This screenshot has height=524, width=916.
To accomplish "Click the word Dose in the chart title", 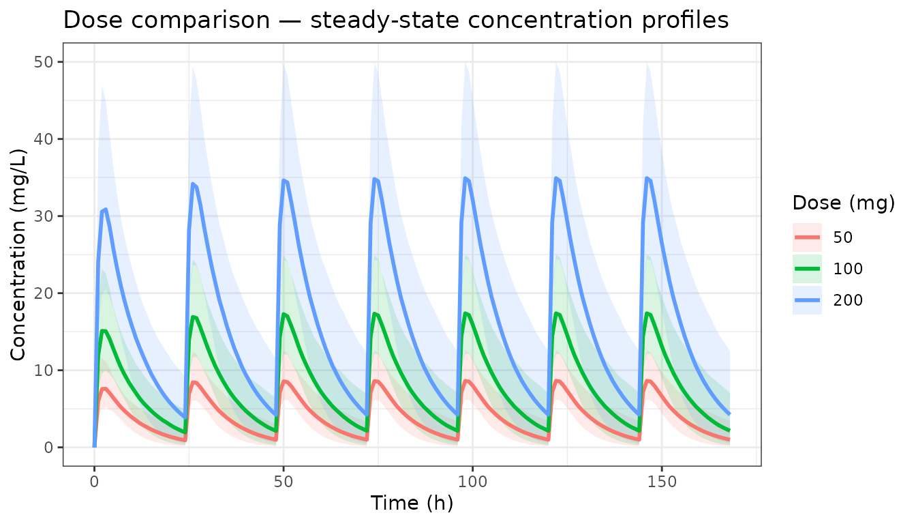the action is pos(93,20).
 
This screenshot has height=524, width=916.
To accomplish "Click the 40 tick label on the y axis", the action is pos(44,139).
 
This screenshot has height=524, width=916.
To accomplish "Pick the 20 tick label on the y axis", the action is pos(44,293).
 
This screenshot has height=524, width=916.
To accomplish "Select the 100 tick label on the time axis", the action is pos(472,482).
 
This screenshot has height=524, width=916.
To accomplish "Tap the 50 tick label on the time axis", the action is pos(284,482).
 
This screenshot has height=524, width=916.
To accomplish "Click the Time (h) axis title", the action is pos(412,503).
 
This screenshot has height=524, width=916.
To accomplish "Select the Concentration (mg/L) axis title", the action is pos(18,254).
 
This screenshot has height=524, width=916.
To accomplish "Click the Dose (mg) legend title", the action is pos(844,203).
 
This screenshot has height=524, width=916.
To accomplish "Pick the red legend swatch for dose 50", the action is pos(807,237).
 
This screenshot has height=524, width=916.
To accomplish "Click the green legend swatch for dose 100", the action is pos(807,269).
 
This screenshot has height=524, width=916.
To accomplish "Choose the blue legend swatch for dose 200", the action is pos(807,300).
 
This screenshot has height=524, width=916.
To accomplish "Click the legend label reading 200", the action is pos(848,300).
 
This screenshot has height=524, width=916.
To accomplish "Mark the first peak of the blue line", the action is pos(106,209).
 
